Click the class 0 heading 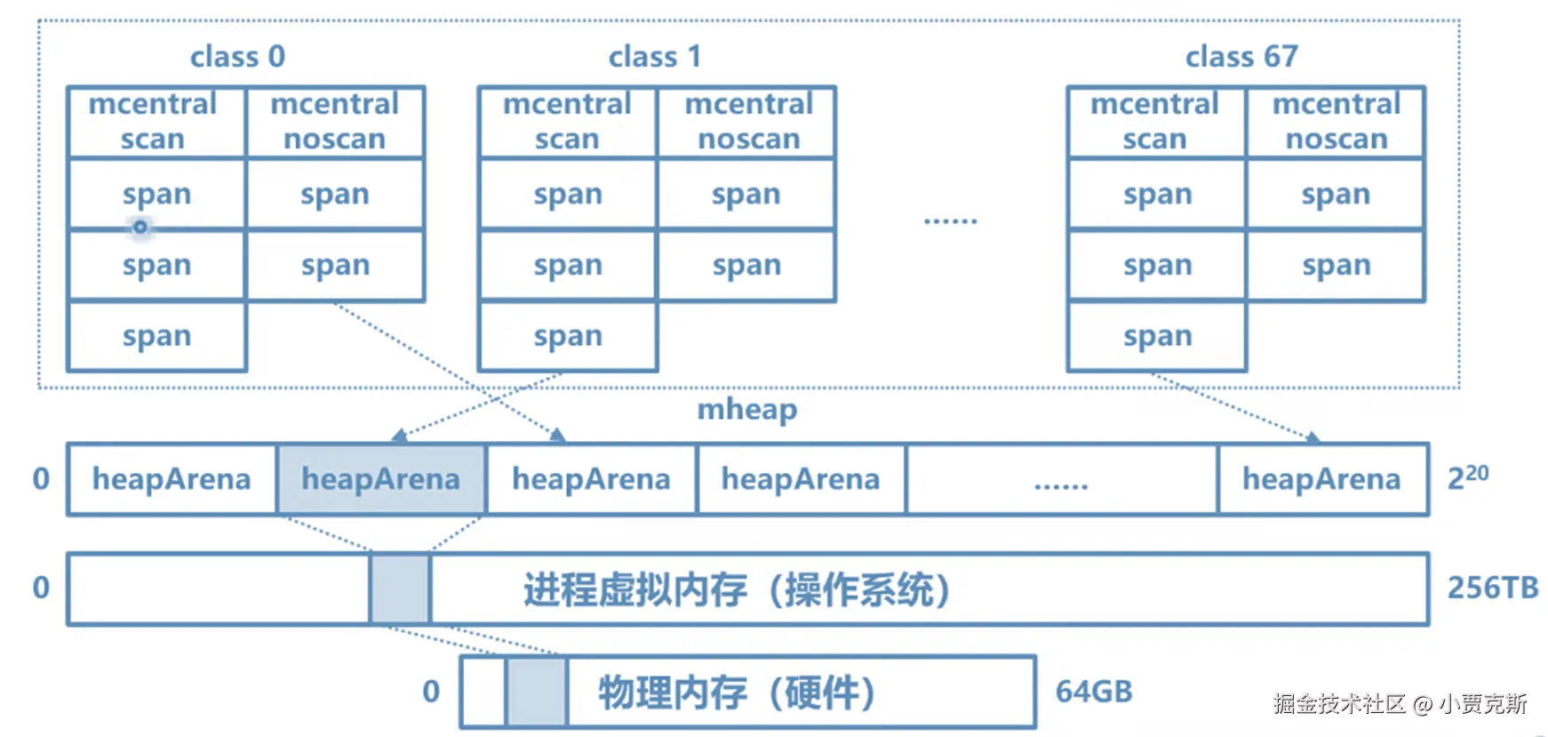pyautogui.click(x=237, y=57)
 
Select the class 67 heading pyautogui.click(x=1241, y=57)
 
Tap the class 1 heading pyautogui.click(x=655, y=57)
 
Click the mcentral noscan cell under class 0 pyautogui.click(x=335, y=122)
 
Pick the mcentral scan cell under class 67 pyautogui.click(x=1155, y=122)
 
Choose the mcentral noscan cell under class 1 pyautogui.click(x=748, y=122)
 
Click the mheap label pyautogui.click(x=746, y=409)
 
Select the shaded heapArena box pyautogui.click(x=381, y=479)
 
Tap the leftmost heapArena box pyautogui.click(x=172, y=479)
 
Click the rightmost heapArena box pyautogui.click(x=1322, y=479)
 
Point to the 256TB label pyautogui.click(x=1493, y=588)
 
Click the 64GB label pyautogui.click(x=1094, y=692)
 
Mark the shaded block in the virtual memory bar pyautogui.click(x=400, y=589)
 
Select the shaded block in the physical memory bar pyautogui.click(x=536, y=692)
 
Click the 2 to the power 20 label pyautogui.click(x=1468, y=477)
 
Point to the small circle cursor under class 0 pyautogui.click(x=140, y=228)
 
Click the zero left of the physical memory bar pyautogui.click(x=431, y=692)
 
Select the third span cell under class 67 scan pyautogui.click(x=1156, y=336)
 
